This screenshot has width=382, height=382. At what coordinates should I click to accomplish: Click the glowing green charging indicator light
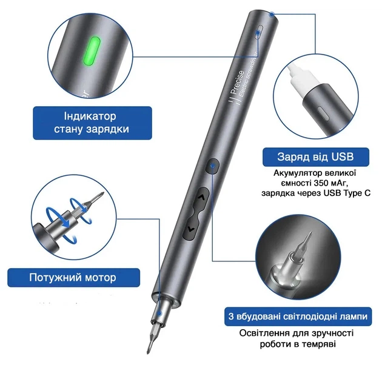click(92, 52)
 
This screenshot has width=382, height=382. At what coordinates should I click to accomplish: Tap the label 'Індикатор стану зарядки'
click(92, 122)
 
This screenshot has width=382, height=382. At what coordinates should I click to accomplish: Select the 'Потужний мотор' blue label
click(73, 278)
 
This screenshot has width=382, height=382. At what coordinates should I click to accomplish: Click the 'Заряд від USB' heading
click(315, 156)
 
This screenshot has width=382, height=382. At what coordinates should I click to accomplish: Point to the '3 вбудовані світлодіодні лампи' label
click(298, 317)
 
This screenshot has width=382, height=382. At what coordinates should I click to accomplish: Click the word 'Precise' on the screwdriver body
click(237, 82)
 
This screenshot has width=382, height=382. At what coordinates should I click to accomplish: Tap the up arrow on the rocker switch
click(201, 197)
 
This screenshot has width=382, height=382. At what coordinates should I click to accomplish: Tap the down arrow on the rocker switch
click(190, 229)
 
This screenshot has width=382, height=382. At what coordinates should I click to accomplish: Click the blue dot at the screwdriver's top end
click(272, 15)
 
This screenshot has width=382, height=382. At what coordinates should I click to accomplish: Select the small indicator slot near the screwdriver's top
click(258, 32)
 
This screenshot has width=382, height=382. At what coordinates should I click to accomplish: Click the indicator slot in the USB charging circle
click(324, 113)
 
